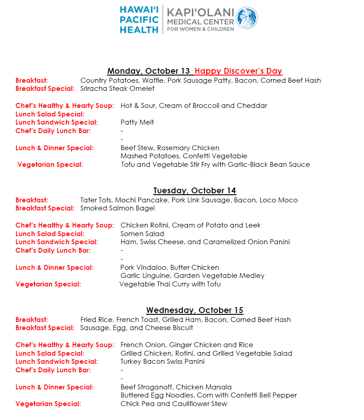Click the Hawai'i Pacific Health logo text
point(139,20)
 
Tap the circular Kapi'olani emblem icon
point(247,18)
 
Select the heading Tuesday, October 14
point(195,191)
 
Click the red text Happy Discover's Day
point(239,71)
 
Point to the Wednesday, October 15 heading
point(195,310)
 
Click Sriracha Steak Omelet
point(117,89)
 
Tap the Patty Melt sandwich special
point(137,122)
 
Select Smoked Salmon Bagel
point(117,208)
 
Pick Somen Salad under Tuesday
point(142,234)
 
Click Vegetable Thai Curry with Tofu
point(170,284)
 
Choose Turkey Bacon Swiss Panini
point(162,362)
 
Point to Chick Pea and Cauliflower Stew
point(173,404)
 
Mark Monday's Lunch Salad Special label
point(50,114)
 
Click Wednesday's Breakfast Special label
point(45,328)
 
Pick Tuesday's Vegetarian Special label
point(48,284)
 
